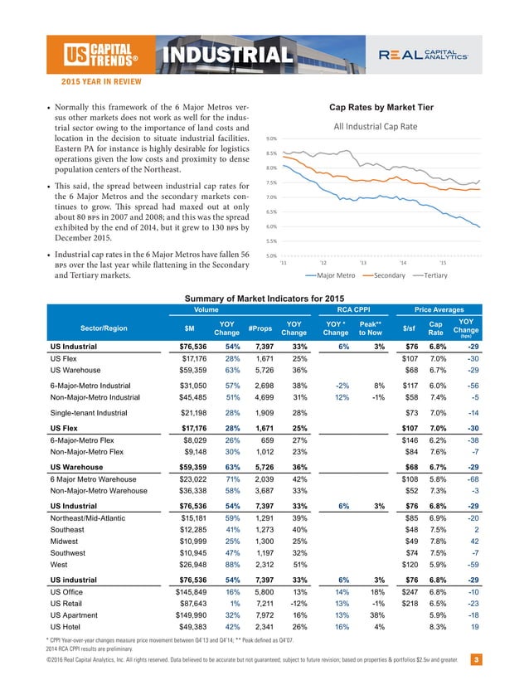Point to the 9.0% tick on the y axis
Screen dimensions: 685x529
pyautogui.click(x=271, y=138)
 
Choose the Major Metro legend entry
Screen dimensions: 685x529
pyautogui.click(x=332, y=274)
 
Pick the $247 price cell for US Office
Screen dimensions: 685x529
pyautogui.click(x=408, y=595)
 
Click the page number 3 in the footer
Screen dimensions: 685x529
pyautogui.click(x=475, y=660)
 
